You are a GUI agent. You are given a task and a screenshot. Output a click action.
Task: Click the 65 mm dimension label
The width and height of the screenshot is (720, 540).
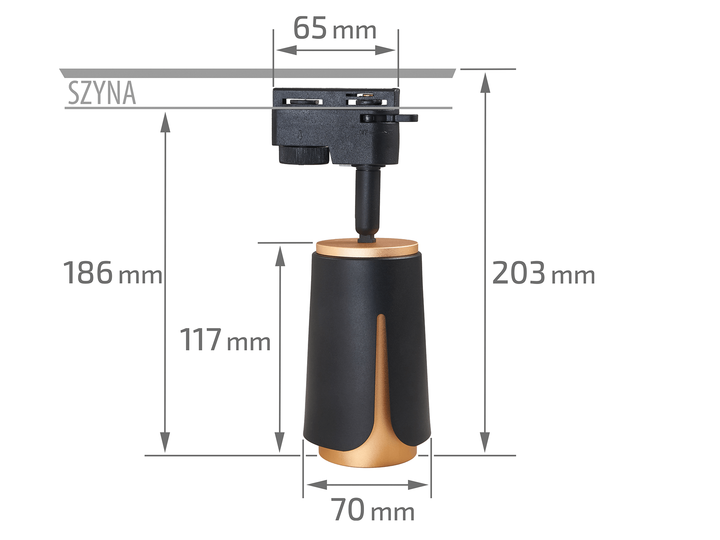[x=335, y=28]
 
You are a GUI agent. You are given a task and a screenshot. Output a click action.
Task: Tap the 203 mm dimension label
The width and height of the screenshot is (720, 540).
[x=543, y=273]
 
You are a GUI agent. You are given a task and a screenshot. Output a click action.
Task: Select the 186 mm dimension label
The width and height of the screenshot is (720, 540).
[x=112, y=273]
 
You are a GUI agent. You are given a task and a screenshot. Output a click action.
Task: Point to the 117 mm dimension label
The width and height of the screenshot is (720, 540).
[x=225, y=339]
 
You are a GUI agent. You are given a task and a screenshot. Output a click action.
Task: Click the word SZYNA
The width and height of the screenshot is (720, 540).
[x=102, y=93]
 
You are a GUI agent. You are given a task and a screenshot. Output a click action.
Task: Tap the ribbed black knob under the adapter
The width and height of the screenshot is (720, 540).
[x=304, y=155]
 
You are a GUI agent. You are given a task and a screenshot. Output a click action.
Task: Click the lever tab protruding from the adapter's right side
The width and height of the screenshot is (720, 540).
[x=406, y=118]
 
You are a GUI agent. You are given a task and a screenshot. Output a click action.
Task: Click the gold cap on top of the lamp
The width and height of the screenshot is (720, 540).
[x=367, y=248]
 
